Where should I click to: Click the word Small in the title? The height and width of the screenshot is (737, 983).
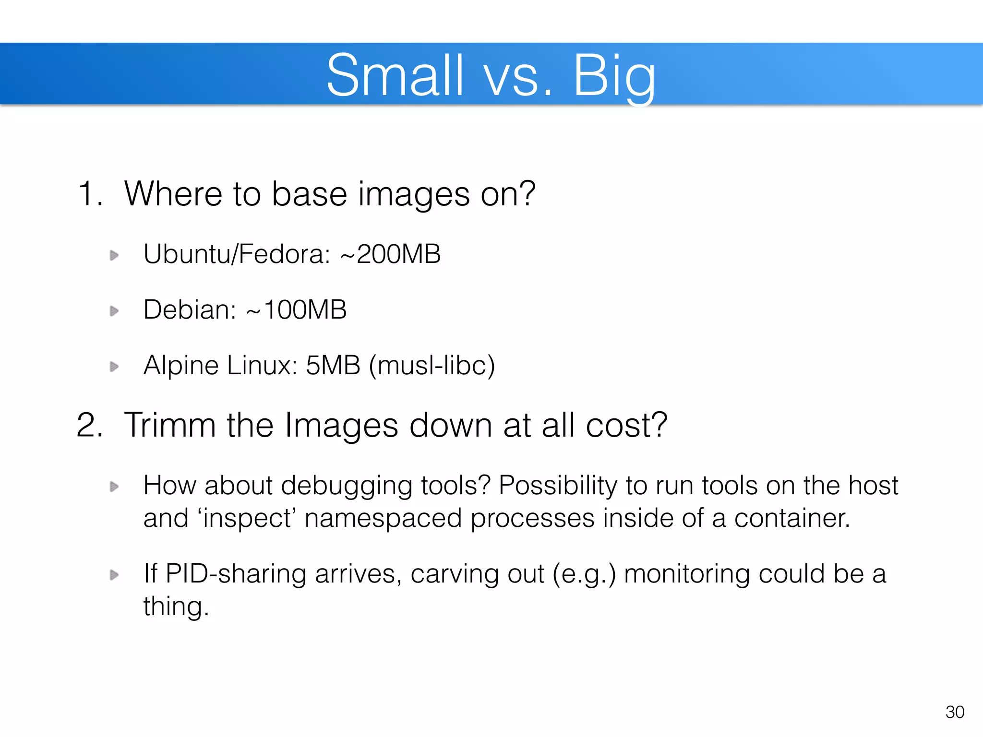pyautogui.click(x=395, y=76)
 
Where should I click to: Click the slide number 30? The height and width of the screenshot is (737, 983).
pyautogui.click(x=955, y=712)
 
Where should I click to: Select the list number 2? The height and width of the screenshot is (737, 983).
pyautogui.click(x=90, y=425)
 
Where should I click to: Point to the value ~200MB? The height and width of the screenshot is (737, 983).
pyautogui.click(x=390, y=254)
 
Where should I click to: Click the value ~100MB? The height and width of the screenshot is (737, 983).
pyautogui.click(x=296, y=309)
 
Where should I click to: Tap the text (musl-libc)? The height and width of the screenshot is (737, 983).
pyautogui.click(x=432, y=366)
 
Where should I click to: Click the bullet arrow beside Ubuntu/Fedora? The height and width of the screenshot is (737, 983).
pyautogui.click(x=114, y=255)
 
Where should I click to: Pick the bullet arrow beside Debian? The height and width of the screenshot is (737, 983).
pyautogui.click(x=114, y=311)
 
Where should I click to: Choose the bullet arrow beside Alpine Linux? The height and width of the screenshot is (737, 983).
pyautogui.click(x=114, y=367)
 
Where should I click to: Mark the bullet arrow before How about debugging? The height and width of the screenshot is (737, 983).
pyautogui.click(x=114, y=487)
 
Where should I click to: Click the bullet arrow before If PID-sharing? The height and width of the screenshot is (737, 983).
pyautogui.click(x=114, y=574)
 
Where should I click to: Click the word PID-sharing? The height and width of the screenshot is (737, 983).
pyautogui.click(x=236, y=574)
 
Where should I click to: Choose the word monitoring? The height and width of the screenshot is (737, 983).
pyautogui.click(x=686, y=574)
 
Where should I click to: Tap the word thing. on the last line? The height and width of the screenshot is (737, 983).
pyautogui.click(x=176, y=606)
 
